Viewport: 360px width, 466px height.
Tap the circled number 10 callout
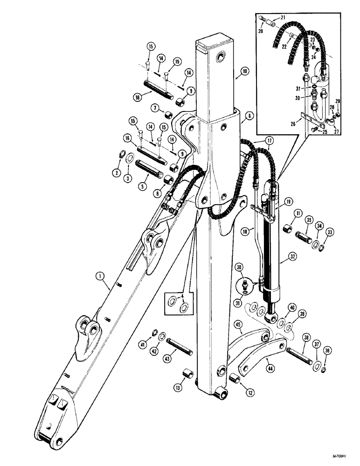click(245, 72)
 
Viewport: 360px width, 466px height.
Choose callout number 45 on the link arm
click(237, 325)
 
